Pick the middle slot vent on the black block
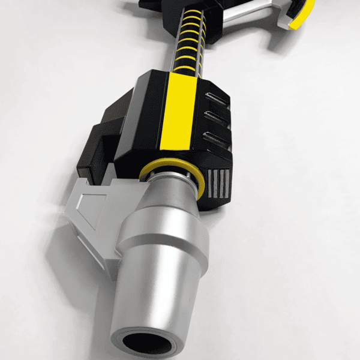[217, 118]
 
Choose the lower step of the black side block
[90, 150]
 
